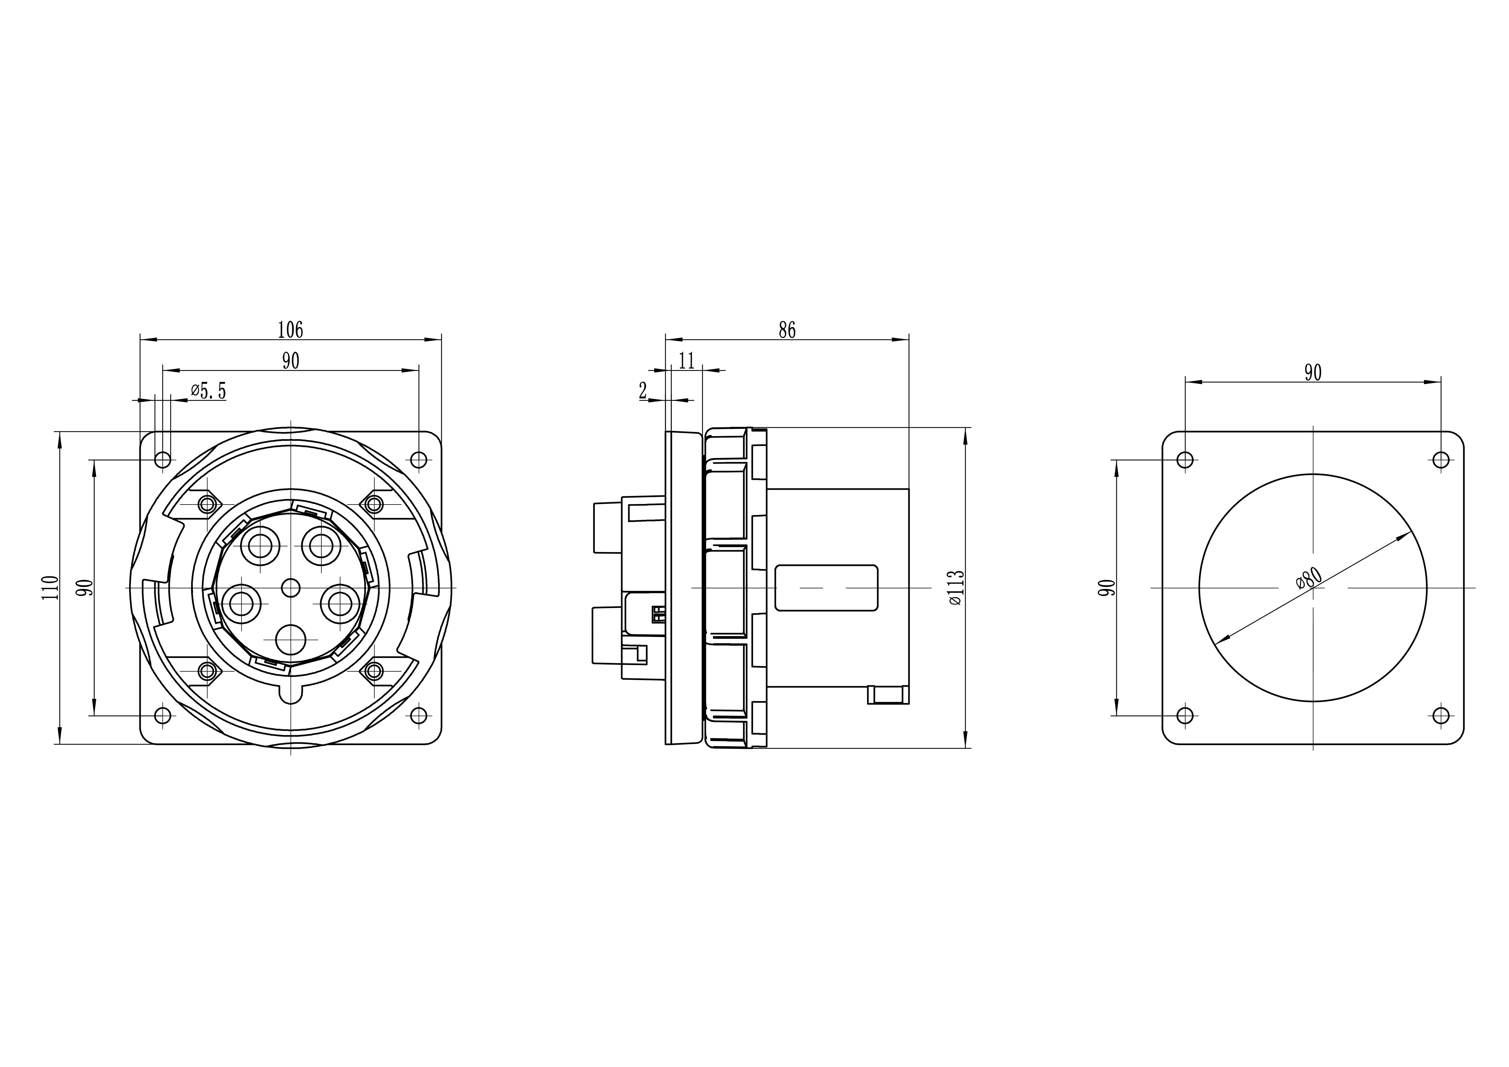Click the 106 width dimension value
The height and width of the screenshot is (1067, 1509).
click(290, 330)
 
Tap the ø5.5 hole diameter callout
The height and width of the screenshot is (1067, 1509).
click(208, 392)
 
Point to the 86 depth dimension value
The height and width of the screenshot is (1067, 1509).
click(787, 330)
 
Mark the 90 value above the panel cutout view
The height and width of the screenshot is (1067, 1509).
click(1312, 373)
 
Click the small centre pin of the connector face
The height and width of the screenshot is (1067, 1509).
click(290, 587)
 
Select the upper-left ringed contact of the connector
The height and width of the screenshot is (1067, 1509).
click(260, 545)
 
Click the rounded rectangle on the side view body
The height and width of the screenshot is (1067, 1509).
click(826, 587)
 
